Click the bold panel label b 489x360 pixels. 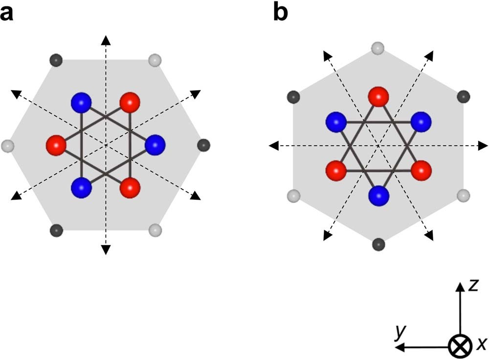tap(280, 12)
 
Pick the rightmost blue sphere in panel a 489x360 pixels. tap(155, 145)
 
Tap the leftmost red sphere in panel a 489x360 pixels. tap(56, 145)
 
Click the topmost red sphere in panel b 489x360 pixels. tap(378, 96)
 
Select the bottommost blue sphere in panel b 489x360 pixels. tap(378, 196)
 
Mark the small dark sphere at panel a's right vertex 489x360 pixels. tap(204, 145)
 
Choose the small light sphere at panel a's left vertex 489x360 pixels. tap(7, 145)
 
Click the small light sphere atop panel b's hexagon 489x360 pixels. tap(378, 48)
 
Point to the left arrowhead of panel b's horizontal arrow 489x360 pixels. tap(274, 145)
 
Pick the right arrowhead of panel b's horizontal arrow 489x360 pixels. tap(483, 145)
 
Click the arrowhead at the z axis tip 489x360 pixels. tap(459, 287)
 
